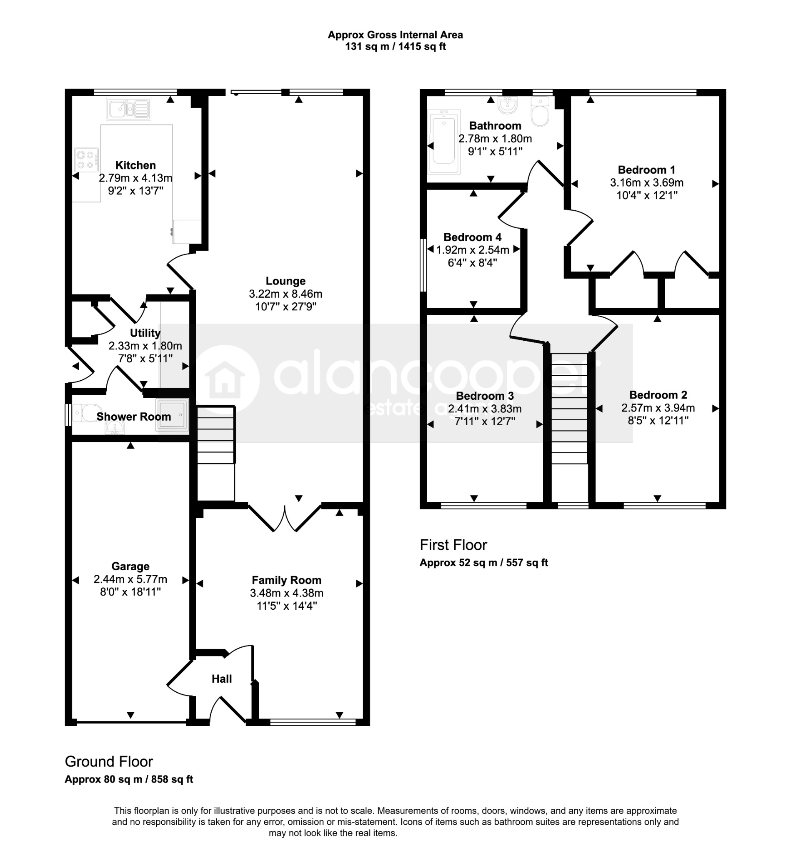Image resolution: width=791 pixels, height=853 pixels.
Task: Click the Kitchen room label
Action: coord(135,165)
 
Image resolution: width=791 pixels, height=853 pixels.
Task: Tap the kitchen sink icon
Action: coord(128,109)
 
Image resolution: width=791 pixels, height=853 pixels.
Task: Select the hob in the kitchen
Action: coord(86,160)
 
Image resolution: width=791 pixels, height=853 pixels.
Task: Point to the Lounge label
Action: coord(285,281)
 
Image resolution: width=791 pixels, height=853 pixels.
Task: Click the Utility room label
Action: coord(145,333)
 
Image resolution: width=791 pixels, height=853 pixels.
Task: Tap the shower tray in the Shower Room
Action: coord(173,414)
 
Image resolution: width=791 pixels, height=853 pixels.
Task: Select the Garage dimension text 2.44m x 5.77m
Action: coord(130,579)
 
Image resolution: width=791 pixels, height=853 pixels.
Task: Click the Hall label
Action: coord(222,679)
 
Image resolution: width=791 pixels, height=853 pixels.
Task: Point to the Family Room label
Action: coord(286,580)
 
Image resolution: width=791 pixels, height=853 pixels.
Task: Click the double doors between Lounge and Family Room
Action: coord(285,518)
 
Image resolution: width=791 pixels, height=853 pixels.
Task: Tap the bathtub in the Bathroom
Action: coord(444,142)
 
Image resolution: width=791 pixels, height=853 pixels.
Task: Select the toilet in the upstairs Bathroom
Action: coord(540,111)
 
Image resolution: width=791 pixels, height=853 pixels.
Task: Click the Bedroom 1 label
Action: coord(646,170)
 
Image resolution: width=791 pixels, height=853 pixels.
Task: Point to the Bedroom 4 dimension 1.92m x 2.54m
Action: coord(473,250)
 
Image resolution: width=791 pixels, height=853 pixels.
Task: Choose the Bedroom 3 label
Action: coord(485,396)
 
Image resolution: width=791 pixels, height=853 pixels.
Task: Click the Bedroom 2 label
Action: coord(658,395)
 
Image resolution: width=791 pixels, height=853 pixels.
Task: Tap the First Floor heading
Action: coord(453,545)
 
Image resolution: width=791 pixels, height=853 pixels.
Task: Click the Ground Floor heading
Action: coord(109,762)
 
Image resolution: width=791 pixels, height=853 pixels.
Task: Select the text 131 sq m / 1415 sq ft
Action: coord(395,47)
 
